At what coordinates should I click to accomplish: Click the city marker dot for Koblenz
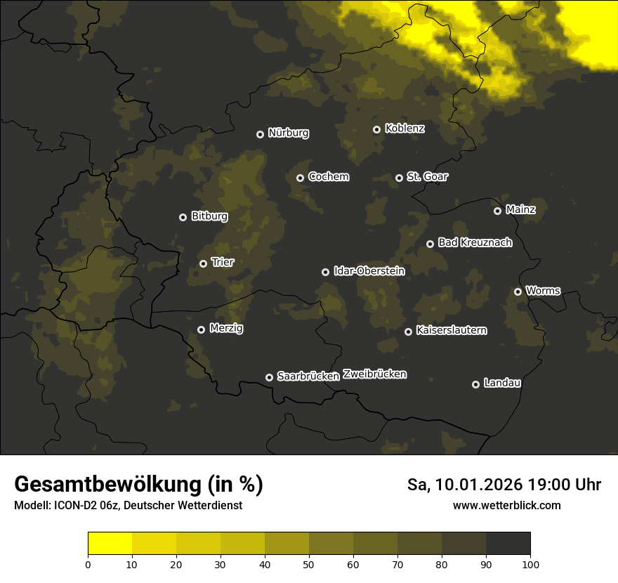(376, 129)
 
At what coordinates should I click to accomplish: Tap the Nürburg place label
(288, 133)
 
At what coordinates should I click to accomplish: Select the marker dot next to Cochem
(300, 178)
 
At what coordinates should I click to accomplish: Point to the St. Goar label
(427, 177)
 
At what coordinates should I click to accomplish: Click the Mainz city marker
(497, 211)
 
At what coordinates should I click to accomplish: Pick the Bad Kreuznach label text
(475, 242)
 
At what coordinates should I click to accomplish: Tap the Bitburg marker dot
(183, 217)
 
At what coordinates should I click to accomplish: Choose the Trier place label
(222, 262)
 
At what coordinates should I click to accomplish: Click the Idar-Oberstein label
(369, 271)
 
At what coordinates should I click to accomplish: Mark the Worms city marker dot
(518, 291)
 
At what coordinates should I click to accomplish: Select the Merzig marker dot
(201, 329)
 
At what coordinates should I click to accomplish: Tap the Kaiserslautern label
(451, 330)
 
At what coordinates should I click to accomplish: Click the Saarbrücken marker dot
(269, 377)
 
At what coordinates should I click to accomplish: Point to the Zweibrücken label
(374, 374)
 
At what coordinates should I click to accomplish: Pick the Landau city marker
(475, 384)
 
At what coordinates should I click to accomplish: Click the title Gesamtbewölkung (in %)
(138, 485)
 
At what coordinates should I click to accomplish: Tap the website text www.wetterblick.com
(506, 505)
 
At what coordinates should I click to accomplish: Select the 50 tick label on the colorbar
(309, 564)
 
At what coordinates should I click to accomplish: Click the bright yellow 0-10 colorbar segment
(110, 544)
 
